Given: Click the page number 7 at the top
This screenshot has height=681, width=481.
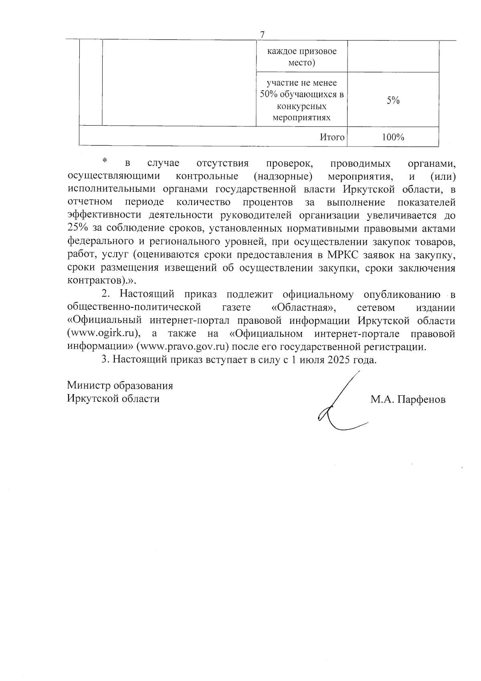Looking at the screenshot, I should click(x=262, y=35).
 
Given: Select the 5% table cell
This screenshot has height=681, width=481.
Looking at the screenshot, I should click(x=393, y=101).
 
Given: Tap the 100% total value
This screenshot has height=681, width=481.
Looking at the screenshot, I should click(x=393, y=137).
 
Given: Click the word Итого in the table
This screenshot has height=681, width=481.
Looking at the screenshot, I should click(x=332, y=137).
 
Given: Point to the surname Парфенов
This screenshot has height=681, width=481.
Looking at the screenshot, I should click(x=421, y=400).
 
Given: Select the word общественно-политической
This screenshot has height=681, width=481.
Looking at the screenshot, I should click(x=134, y=308).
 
